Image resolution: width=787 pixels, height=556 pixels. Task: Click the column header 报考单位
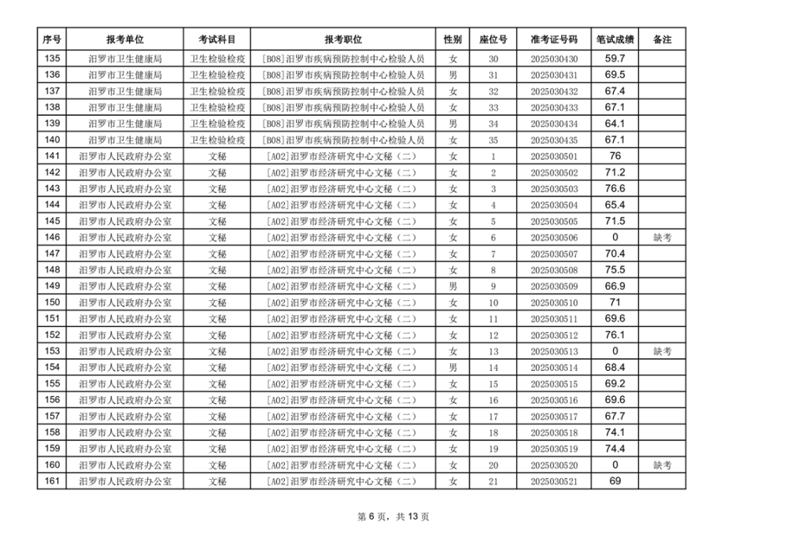pos(125,39)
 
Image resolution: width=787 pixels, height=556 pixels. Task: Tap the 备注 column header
pos(663,39)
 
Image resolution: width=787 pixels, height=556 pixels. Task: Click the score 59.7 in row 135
pos(615,58)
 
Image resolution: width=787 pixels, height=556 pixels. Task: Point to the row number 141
pos(52,156)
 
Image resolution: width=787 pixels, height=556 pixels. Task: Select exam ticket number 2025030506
pos(554,238)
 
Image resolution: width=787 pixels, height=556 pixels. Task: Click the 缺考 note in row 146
pos(663,238)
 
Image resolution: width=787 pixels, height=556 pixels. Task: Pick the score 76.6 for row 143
pos(615,189)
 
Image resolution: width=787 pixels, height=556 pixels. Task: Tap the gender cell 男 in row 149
pos(453,287)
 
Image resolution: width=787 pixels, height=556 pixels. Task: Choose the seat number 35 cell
pos(493,140)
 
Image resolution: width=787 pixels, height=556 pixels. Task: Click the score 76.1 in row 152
pos(615,335)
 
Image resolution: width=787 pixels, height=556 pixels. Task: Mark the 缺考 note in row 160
pos(663,465)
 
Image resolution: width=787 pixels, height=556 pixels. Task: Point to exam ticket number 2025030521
pos(554,482)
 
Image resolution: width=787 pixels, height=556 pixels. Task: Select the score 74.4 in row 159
pos(615,449)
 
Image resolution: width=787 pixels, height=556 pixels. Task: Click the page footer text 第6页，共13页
pos(393,517)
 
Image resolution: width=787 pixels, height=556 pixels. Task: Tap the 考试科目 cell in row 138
pos(217,107)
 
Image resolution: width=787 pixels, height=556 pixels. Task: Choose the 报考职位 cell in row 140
pos(343,140)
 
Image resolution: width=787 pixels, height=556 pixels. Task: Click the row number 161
pos(52,482)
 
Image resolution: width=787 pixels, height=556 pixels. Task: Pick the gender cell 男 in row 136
pos(453,75)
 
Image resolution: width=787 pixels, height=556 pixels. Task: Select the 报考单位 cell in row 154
pos(125,368)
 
